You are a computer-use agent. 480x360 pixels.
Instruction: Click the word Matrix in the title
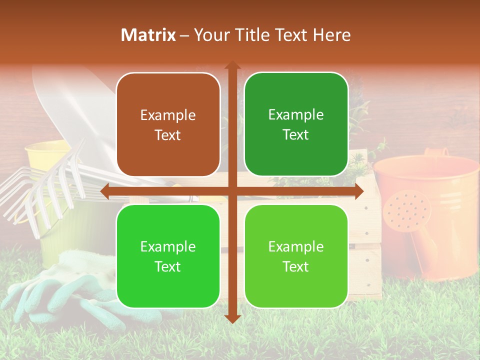pos(148,35)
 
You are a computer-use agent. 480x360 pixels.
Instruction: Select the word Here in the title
pos(331,35)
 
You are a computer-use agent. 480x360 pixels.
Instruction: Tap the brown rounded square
pos(168,125)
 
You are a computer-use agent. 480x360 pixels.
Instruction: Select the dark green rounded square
pos(296,124)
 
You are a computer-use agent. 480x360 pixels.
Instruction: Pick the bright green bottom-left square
pos(168,256)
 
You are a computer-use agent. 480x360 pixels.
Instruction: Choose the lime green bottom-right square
pos(296,256)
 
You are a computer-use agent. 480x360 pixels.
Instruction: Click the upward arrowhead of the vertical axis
pos(232,65)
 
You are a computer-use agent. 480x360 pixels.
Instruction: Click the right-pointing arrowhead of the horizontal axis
pos(359,191)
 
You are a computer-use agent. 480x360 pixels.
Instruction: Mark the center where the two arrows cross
pos(232,191)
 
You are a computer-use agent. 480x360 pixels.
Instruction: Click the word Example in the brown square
pos(168,115)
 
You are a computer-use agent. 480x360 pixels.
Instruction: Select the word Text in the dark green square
pos(296,135)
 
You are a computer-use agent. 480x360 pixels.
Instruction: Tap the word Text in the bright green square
pos(168,266)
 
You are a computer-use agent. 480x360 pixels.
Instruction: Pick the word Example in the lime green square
pos(296,246)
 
